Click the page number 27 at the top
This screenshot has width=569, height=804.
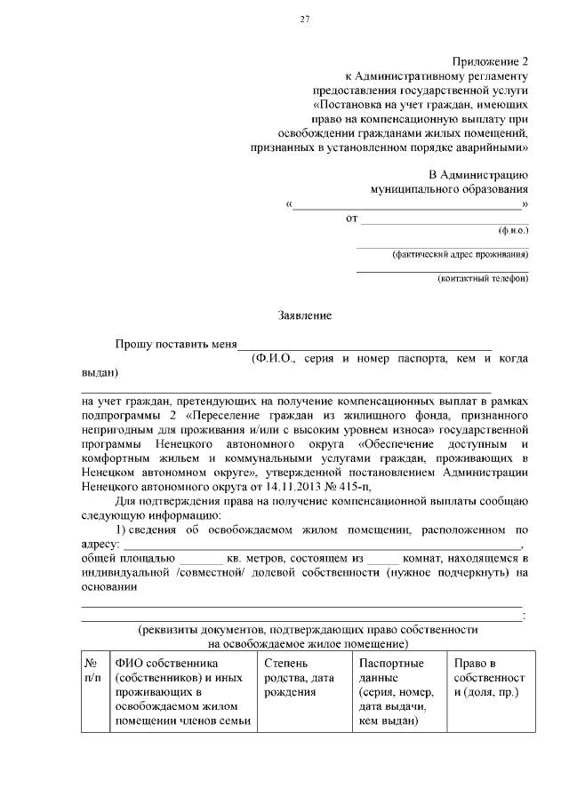[304, 20]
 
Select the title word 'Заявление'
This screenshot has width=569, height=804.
[305, 315]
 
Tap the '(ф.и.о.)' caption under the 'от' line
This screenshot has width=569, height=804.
[513, 229]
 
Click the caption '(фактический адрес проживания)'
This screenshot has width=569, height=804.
[460, 254]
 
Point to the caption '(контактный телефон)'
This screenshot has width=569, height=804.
[483, 279]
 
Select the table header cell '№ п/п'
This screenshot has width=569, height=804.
[92, 671]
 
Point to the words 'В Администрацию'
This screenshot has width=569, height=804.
[478, 174]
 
